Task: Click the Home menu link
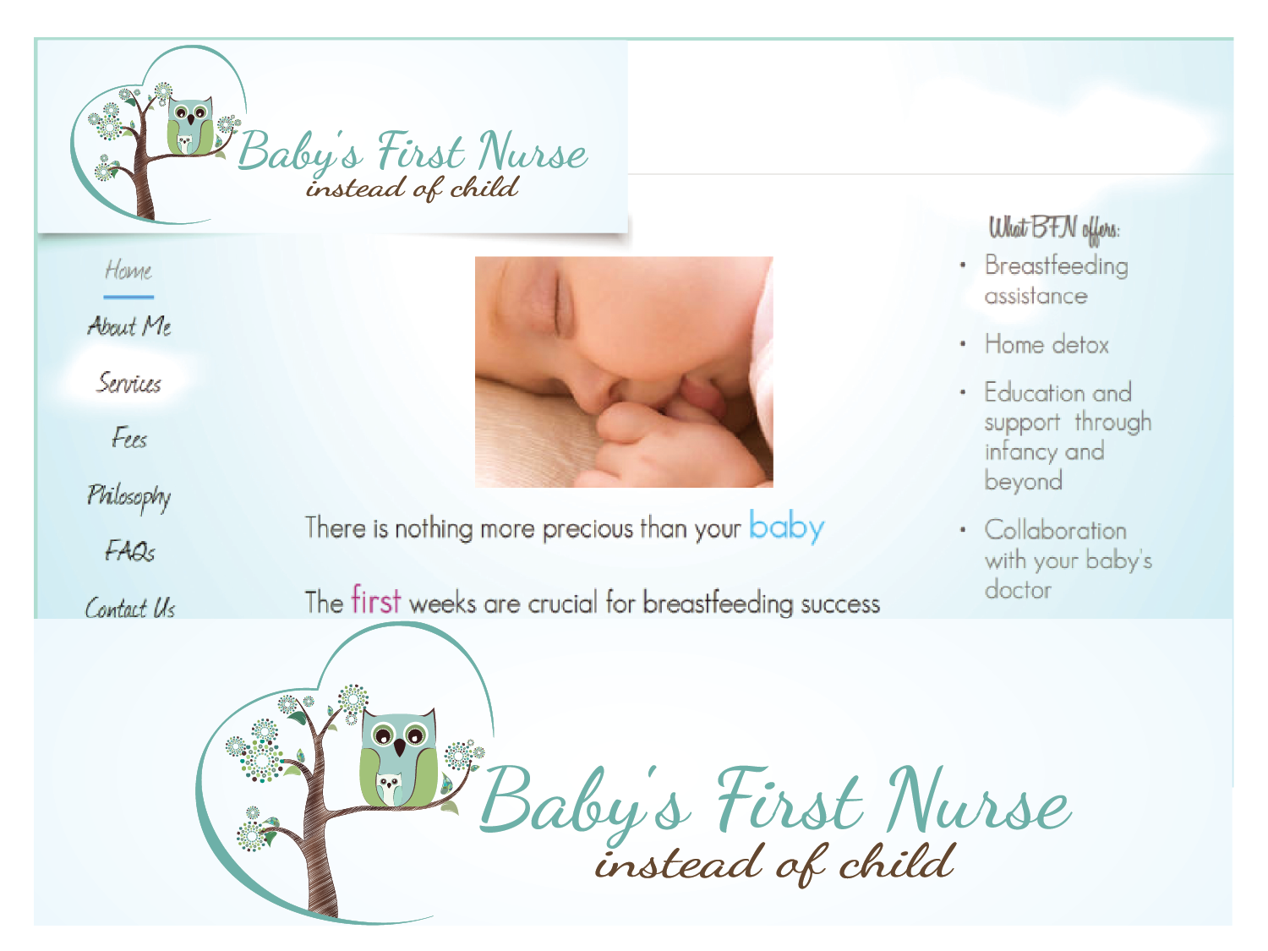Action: [x=128, y=271]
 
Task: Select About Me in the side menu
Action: [x=129, y=326]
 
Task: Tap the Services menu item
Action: [x=128, y=382]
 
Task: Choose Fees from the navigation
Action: [x=129, y=438]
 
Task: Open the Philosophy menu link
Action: [x=128, y=497]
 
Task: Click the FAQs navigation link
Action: [x=130, y=551]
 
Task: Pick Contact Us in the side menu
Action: [x=130, y=608]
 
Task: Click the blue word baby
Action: [x=786, y=527]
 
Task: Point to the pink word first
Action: [x=376, y=599]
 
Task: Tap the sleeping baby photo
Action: [x=624, y=372]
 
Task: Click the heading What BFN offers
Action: [x=1053, y=229]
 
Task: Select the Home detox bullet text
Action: [x=1047, y=345]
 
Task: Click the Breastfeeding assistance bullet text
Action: [x=1056, y=281]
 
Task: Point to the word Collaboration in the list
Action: [x=1056, y=530]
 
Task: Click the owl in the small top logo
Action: [x=190, y=127]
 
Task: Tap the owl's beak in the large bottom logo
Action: [x=400, y=746]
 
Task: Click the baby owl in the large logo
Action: [x=389, y=789]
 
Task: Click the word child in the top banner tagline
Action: [x=484, y=187]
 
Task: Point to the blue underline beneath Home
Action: [x=128, y=298]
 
